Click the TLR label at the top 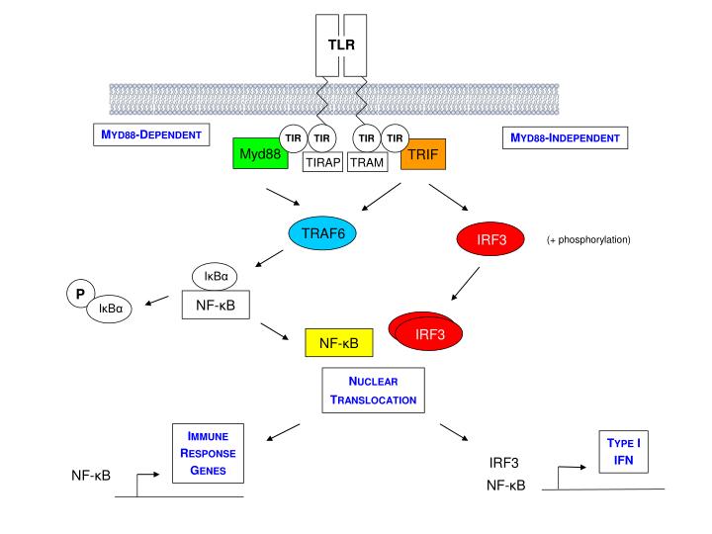(341, 44)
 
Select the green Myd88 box (259, 154)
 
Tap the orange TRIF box (422, 154)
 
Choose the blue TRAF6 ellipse (322, 233)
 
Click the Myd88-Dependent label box (151, 134)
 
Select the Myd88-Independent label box (565, 137)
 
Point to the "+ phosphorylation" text (588, 239)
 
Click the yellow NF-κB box (338, 343)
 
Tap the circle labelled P (80, 294)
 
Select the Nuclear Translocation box (373, 391)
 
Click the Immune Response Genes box (207, 453)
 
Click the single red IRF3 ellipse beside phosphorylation (490, 239)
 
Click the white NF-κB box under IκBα (215, 306)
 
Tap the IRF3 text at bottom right (503, 462)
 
